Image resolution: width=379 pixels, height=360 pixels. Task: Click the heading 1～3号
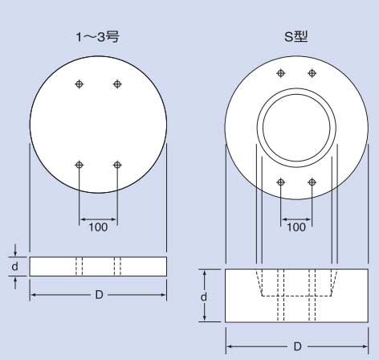coord(97,37)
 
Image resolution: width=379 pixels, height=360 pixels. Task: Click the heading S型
coord(295,36)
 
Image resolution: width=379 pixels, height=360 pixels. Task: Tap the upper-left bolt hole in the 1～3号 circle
coord(79,84)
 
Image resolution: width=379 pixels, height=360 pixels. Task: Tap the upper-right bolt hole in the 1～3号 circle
coord(117,84)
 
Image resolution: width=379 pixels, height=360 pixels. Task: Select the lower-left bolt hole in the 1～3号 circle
coord(79,165)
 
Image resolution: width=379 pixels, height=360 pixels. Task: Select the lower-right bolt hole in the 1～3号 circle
coord(117,165)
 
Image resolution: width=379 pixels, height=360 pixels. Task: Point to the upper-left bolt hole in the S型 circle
coord(280,73)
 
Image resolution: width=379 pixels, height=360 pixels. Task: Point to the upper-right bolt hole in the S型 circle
coord(312,73)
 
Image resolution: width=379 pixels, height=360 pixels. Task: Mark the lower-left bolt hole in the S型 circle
coord(280,182)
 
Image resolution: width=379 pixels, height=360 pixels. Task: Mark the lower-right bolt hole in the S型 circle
coord(312,182)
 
